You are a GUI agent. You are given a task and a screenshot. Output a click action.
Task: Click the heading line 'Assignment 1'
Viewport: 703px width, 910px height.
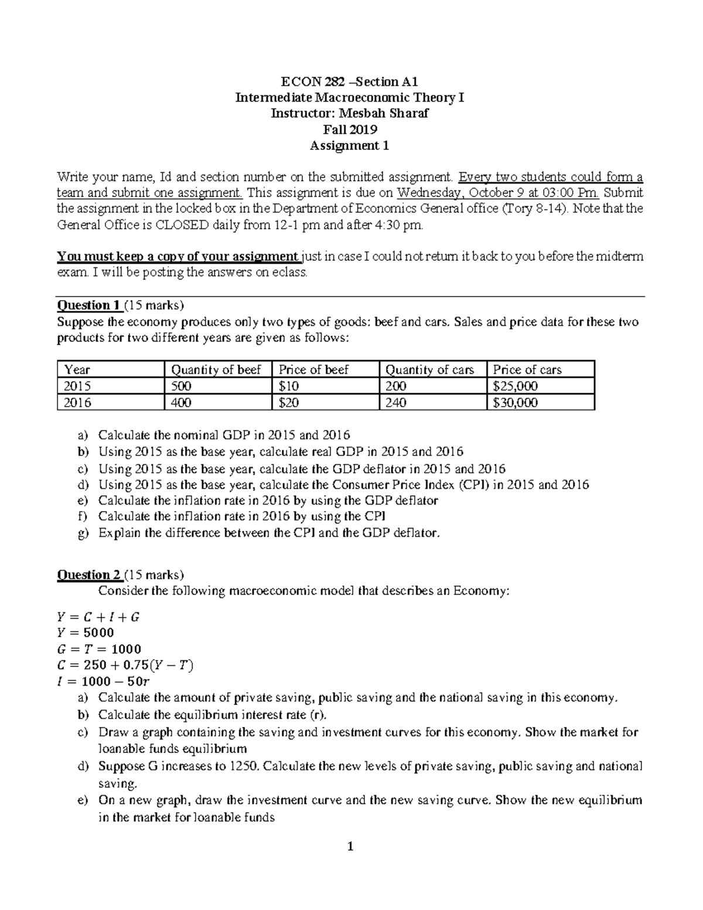pos(349,146)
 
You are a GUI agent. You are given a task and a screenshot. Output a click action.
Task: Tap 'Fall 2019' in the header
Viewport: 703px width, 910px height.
pos(350,129)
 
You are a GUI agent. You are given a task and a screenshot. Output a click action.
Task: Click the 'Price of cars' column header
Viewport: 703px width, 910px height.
pos(527,370)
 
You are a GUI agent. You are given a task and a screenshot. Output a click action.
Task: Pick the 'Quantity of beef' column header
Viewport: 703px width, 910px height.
pos(216,370)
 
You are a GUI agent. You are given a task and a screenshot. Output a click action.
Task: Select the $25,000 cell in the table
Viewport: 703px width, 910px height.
pos(516,386)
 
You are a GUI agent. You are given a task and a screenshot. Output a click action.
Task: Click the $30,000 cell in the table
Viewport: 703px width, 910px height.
pos(516,403)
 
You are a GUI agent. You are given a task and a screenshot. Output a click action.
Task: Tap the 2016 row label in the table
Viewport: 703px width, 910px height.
pos(77,403)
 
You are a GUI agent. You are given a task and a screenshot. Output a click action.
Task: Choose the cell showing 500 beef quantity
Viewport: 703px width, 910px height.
pos(181,386)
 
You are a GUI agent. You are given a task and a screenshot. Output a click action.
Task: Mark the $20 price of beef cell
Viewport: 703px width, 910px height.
pos(289,403)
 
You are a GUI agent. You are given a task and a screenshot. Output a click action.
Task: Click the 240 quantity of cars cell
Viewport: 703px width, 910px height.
pos(396,403)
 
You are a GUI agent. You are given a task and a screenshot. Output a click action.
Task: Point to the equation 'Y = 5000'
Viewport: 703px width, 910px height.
pos(86,633)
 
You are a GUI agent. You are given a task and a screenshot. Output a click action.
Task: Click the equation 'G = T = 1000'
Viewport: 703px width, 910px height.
pos(99,649)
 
